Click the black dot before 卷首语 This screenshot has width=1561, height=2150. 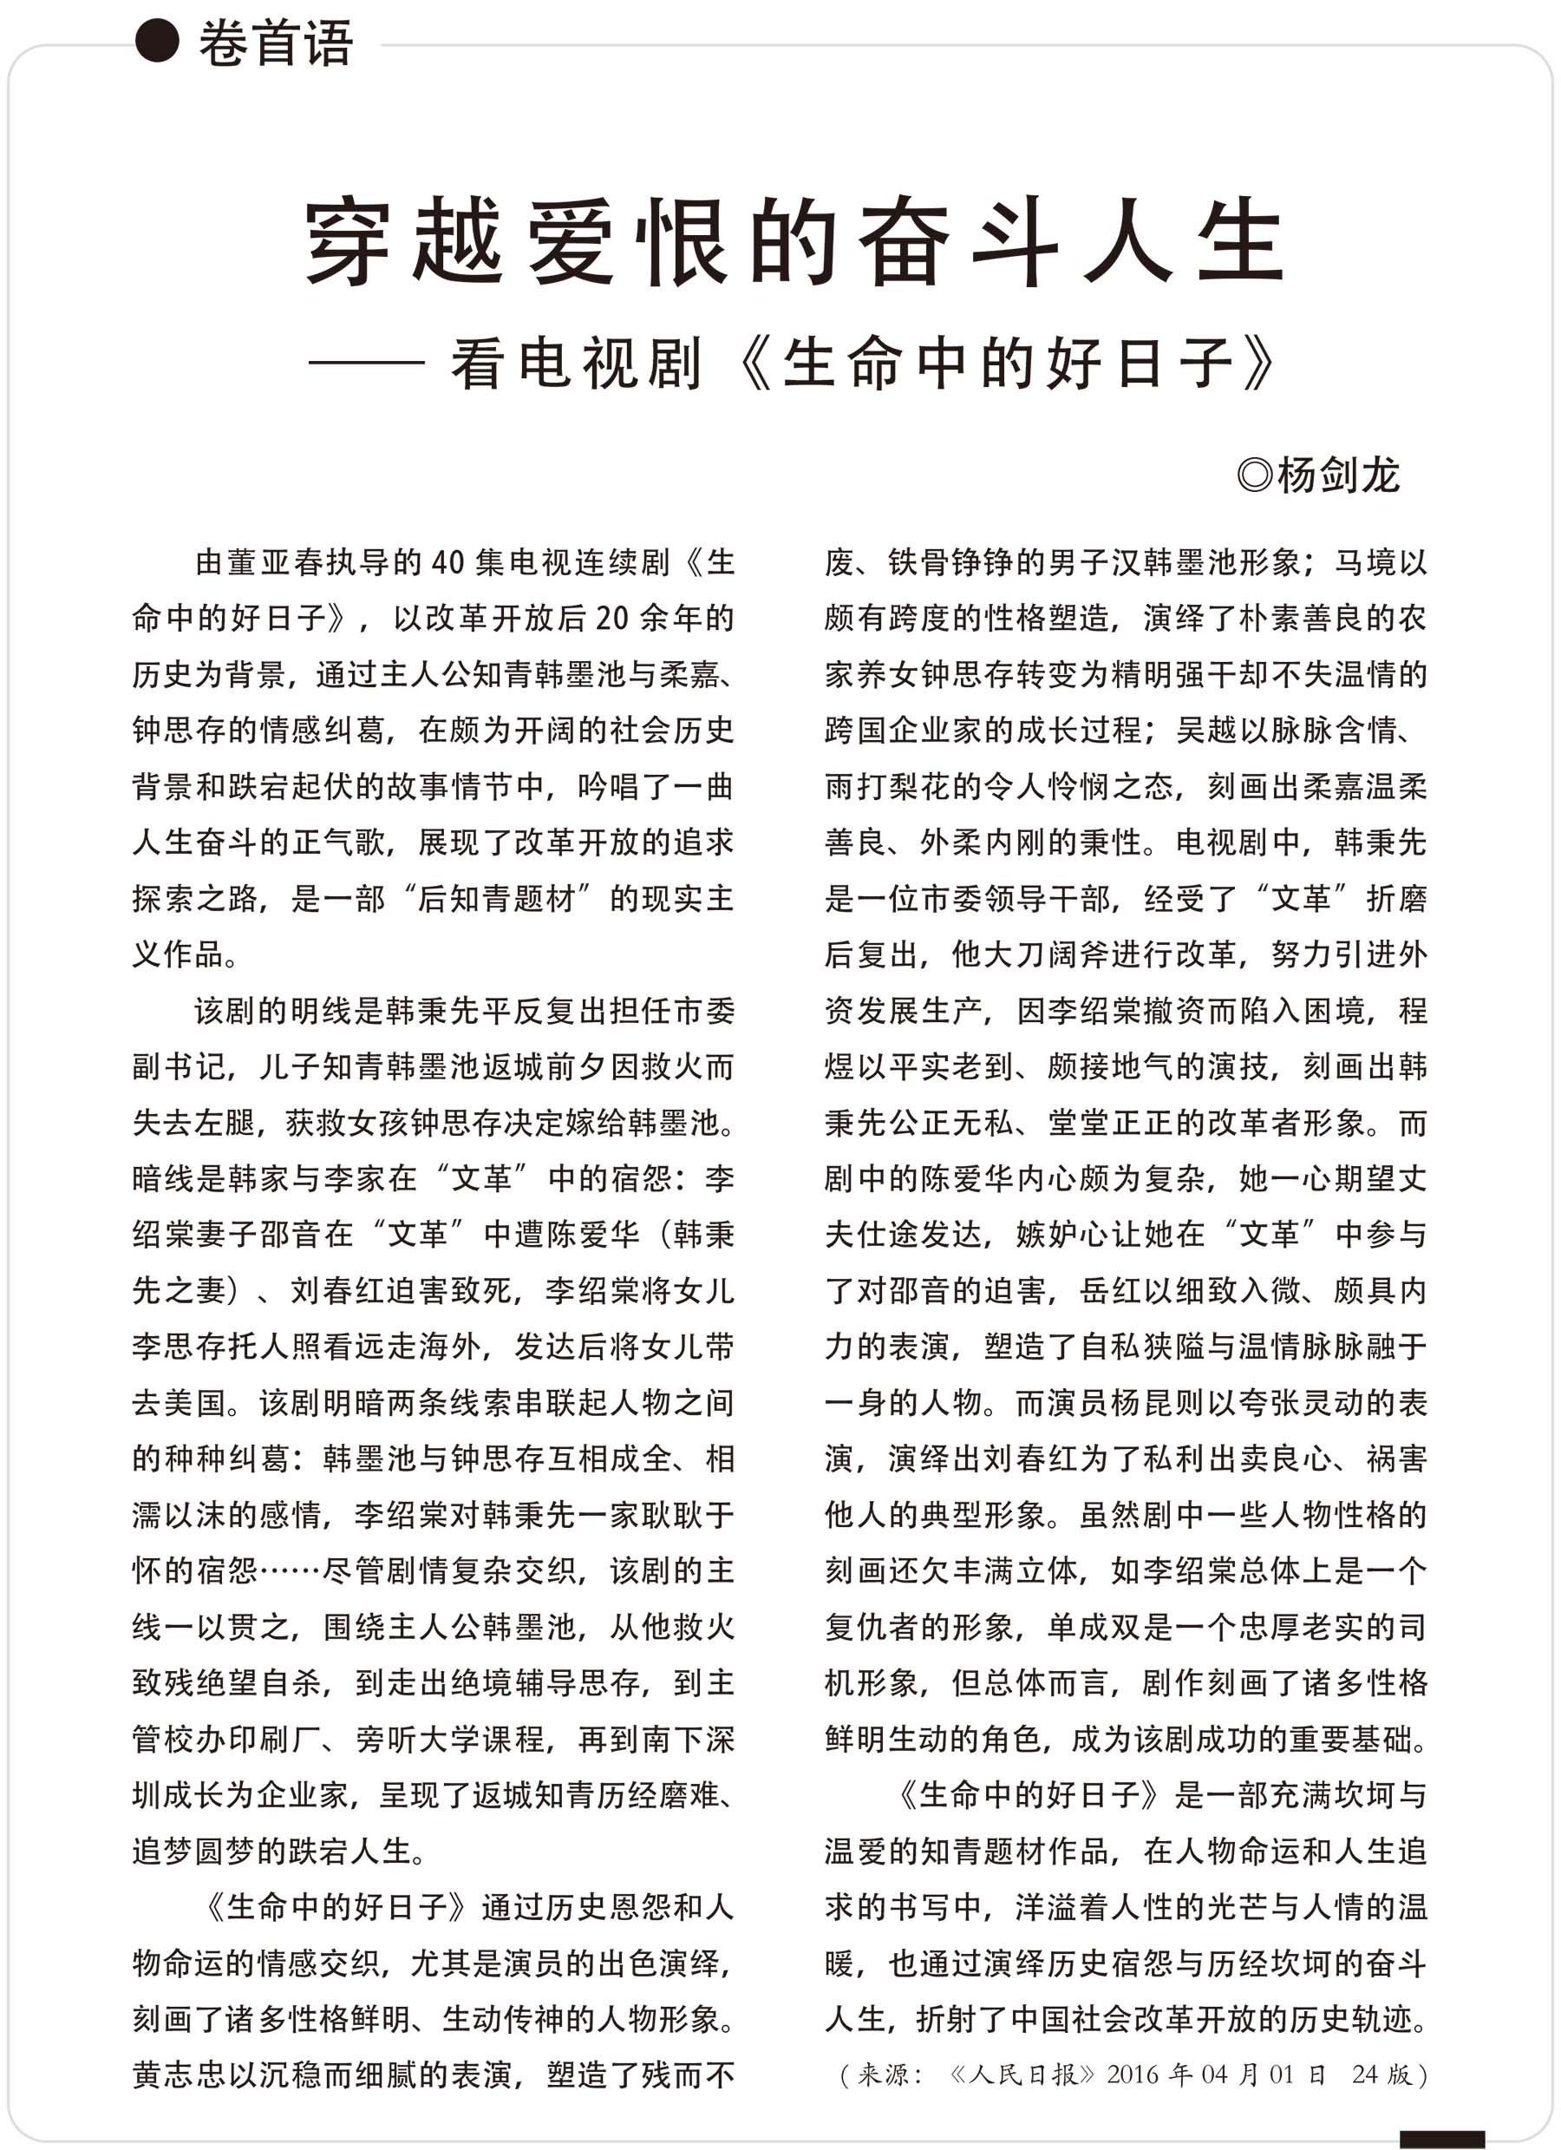tap(157, 42)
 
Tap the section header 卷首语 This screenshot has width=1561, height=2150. tap(276, 43)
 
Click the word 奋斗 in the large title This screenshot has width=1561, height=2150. tap(958, 241)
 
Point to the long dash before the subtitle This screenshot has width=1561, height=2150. tap(366, 363)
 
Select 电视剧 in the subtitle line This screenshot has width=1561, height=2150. tap(611, 363)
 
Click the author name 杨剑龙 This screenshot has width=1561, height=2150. tap(1337, 475)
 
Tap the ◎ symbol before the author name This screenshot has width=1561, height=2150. tap(1255, 475)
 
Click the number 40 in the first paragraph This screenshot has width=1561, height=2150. tap(447, 563)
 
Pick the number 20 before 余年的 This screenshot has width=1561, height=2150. tap(612, 619)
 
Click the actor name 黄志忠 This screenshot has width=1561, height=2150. tap(180, 2075)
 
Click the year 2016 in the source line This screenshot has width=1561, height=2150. tap(1132, 2075)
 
